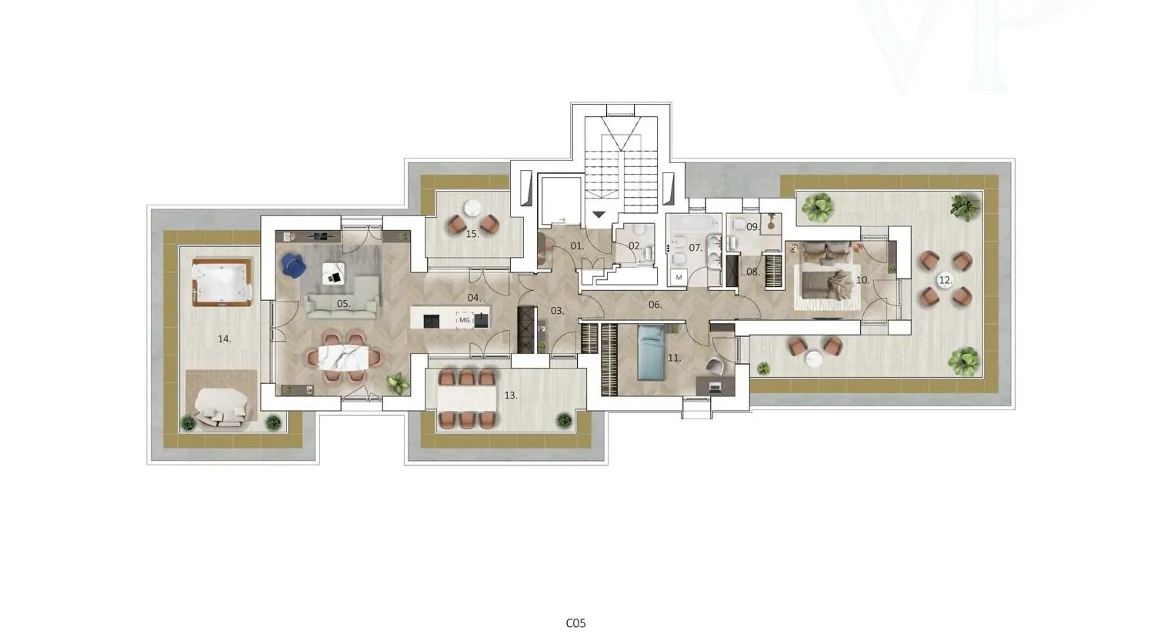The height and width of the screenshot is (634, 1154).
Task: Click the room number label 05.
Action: [x=344, y=304]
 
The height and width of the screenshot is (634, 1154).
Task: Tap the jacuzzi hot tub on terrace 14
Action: [x=222, y=282]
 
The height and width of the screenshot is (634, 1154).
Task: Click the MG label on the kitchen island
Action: [x=465, y=320]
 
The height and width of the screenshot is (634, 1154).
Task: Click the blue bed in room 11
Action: [x=652, y=353]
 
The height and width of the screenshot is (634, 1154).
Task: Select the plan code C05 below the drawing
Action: [x=576, y=623]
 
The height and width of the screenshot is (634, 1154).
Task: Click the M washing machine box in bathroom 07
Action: [x=679, y=278]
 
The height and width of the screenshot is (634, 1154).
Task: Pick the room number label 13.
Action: [x=511, y=395]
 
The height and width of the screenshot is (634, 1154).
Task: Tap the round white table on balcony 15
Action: [x=472, y=209]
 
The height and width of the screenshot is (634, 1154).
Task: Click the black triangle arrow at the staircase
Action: [x=599, y=214]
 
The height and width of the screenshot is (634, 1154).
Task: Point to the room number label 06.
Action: [x=655, y=305]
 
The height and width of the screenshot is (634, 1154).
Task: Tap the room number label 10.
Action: [x=863, y=281]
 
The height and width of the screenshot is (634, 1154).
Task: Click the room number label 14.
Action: [x=224, y=339]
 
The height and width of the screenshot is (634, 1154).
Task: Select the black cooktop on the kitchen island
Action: [x=431, y=321]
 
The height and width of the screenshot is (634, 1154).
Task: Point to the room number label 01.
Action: [x=577, y=246]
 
